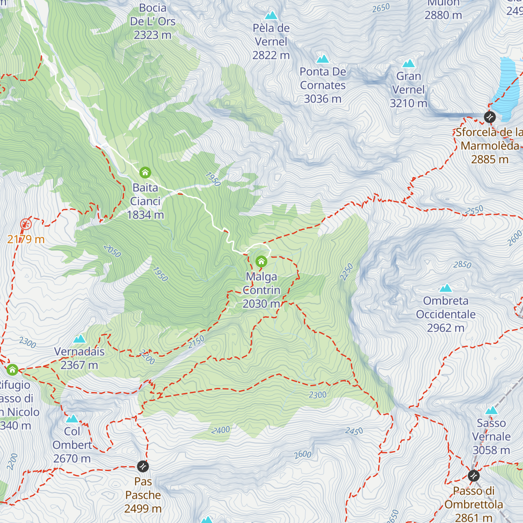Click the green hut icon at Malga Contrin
pos(261,261)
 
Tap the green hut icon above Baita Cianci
pos(145,173)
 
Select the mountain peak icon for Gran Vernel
pos(408,64)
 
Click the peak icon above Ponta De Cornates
pos(323,59)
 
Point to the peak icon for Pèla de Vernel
pos(271,16)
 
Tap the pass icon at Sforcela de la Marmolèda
pos(490,117)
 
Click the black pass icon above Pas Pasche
pos(143,466)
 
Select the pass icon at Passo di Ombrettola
pos(474,475)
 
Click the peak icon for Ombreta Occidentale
pos(445,288)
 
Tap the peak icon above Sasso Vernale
pos(491,411)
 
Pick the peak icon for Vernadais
pos(79,339)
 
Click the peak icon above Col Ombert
pos(72,419)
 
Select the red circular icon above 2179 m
pos(26,224)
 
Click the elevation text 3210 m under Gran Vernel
pos(408,103)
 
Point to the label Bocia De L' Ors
pos(153,21)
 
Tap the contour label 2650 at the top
pos(381,8)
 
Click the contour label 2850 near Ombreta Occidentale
pos(462,265)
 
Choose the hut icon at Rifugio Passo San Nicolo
pos(12,370)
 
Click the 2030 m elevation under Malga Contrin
pos(261,304)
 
